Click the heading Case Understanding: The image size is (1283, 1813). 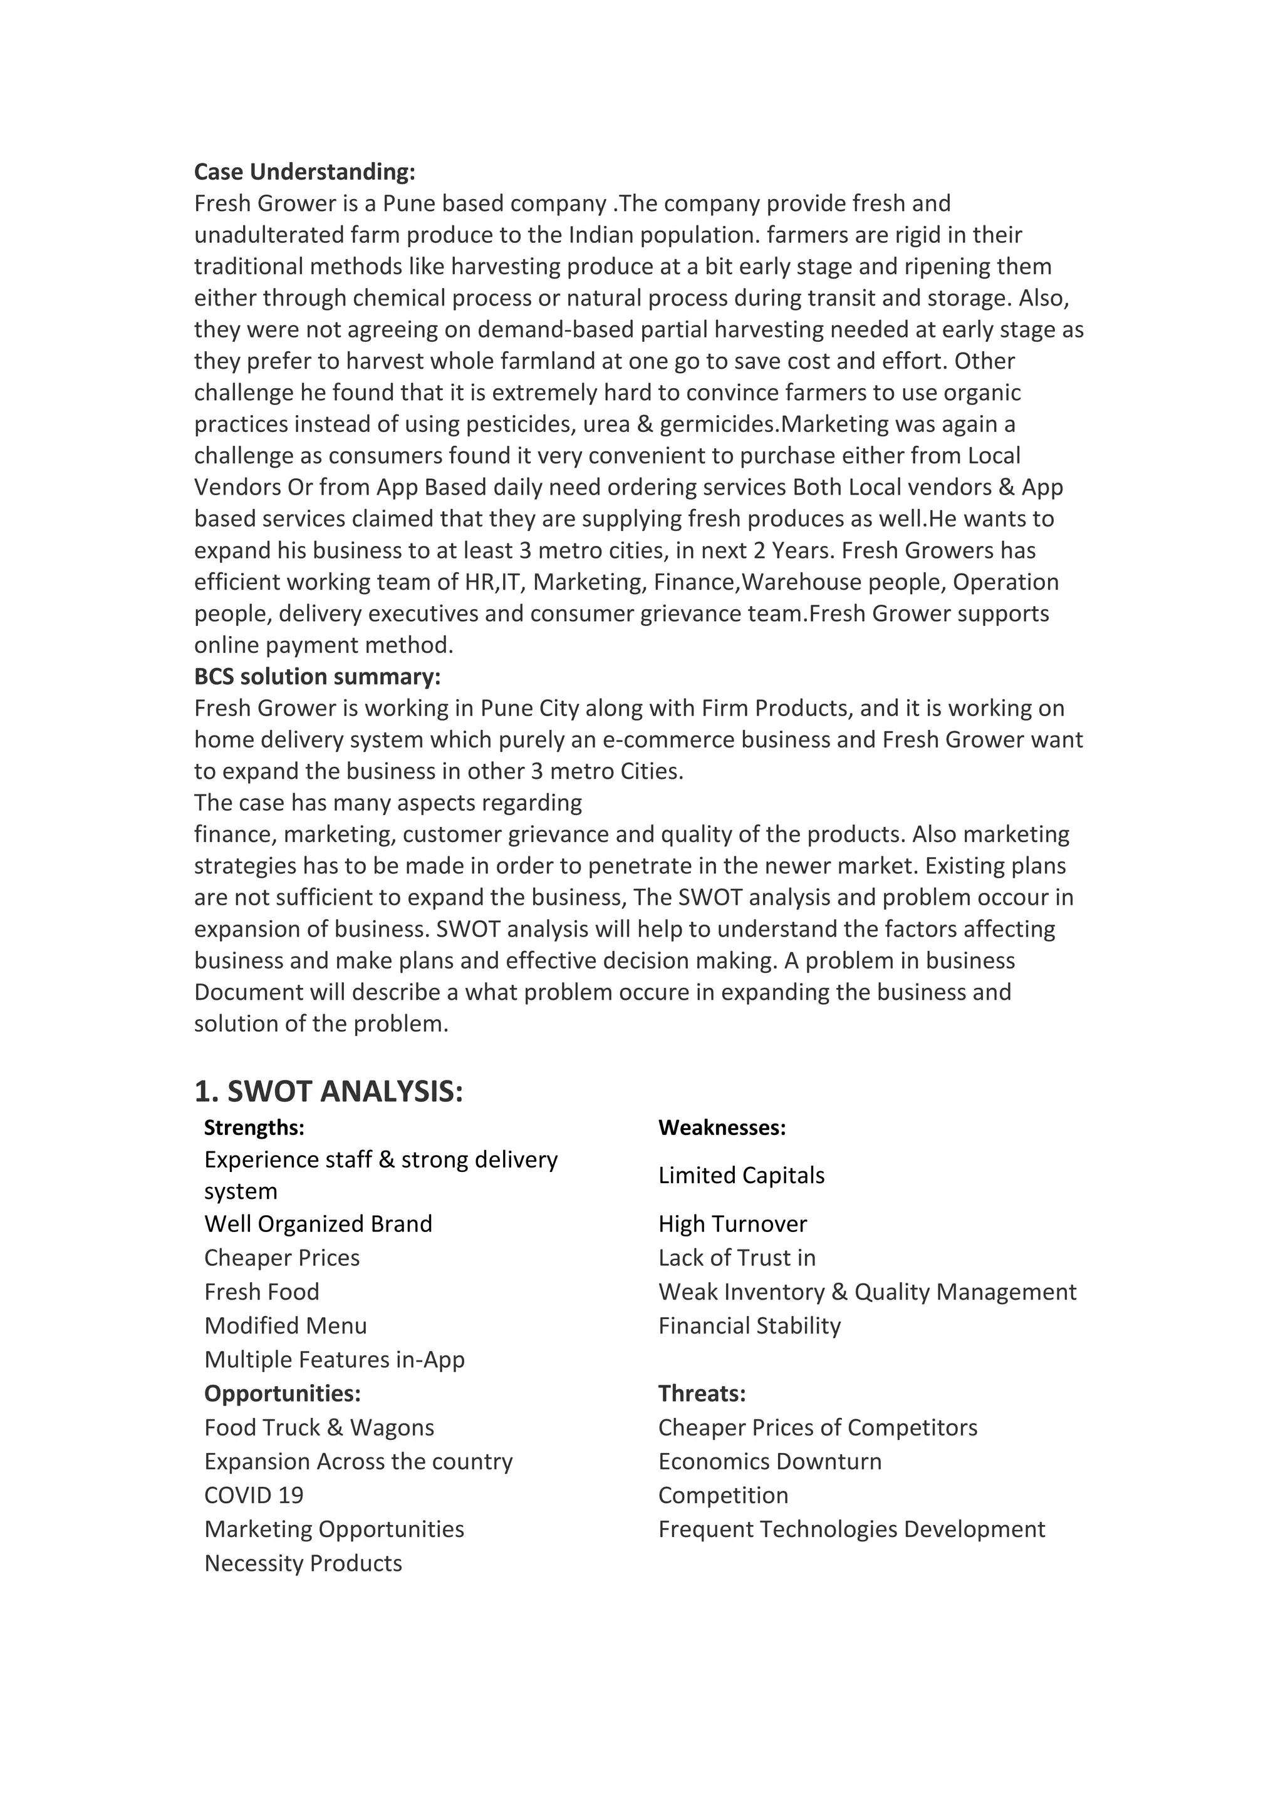(304, 172)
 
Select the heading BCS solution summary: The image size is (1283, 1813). (317, 677)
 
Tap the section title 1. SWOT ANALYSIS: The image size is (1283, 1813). (329, 1091)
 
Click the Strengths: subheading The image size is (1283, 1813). (254, 1127)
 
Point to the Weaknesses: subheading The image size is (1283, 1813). (721, 1127)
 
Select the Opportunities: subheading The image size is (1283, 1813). (282, 1394)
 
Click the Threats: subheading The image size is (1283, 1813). (702, 1394)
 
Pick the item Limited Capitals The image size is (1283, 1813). (741, 1175)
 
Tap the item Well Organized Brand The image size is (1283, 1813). (318, 1224)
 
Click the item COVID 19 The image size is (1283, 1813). (254, 1496)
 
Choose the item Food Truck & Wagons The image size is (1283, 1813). (319, 1427)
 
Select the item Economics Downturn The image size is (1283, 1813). (769, 1462)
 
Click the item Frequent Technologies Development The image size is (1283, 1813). (851, 1529)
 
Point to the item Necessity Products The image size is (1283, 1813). (303, 1563)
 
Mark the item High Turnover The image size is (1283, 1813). (732, 1224)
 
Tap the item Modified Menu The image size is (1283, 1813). (285, 1326)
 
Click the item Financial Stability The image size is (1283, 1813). (749, 1326)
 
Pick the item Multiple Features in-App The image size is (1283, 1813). (334, 1360)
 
